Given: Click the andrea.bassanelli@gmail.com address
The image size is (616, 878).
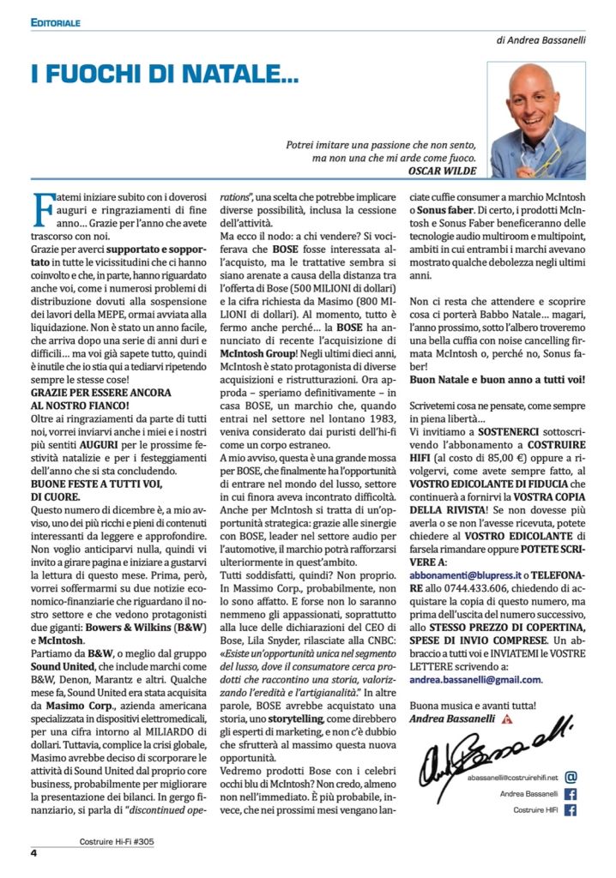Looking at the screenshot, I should tap(475, 679).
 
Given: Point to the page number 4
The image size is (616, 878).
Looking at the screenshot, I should tap(33, 852).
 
